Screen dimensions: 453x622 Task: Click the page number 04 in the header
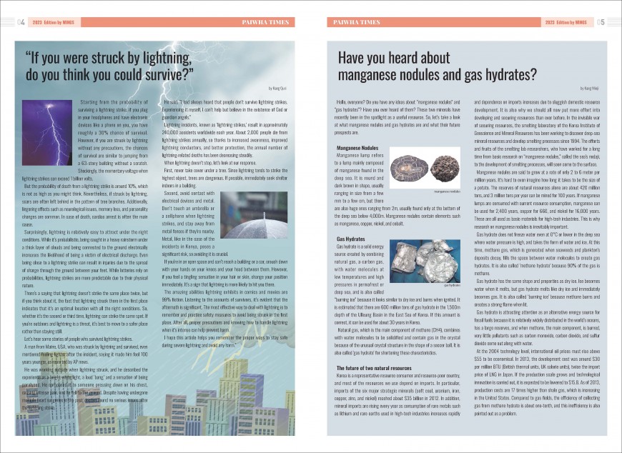click(21, 22)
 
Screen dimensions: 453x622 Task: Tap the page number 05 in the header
click(601, 22)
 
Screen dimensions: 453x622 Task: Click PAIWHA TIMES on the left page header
click(265, 22)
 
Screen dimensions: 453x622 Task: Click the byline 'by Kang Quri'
click(277, 87)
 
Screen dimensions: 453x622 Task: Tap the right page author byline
click(591, 87)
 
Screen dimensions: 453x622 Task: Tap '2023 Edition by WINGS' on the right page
click(569, 22)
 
